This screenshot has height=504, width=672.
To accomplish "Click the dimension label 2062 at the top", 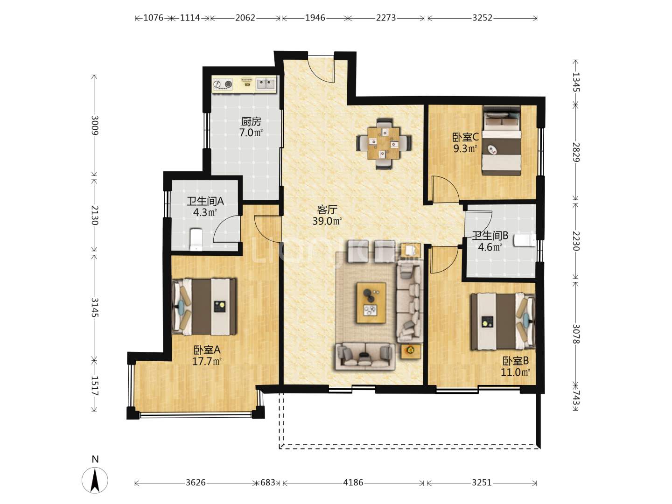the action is tap(245, 18).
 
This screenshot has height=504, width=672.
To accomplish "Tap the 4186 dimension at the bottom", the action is tap(353, 483).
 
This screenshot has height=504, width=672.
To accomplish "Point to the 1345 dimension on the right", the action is tap(576, 82).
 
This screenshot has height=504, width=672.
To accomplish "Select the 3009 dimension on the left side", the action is tap(94, 125).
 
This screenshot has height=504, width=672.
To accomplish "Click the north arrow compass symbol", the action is tap(95, 480).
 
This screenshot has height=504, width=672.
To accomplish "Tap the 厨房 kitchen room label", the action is tap(251, 121).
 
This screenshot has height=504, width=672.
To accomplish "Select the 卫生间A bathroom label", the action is tap(205, 201).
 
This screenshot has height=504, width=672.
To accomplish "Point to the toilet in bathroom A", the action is tap(196, 239).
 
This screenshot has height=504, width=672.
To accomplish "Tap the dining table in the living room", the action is tap(384, 143).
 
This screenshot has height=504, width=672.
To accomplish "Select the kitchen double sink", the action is tap(266, 84).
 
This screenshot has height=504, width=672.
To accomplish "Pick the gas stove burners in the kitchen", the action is tap(223, 84).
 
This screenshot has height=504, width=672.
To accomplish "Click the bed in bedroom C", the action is tap(501, 140).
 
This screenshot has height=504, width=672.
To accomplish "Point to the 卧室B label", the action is tap(516, 361).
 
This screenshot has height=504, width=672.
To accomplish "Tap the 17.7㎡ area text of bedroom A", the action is tap(207, 361).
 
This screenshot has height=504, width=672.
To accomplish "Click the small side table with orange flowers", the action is tap(411, 351).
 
